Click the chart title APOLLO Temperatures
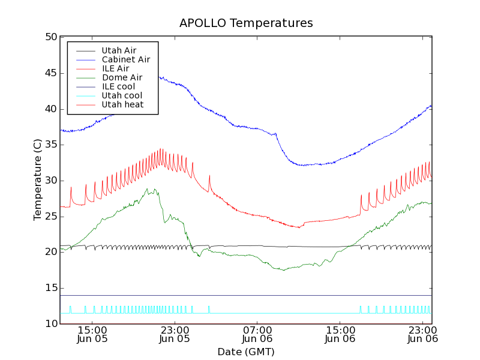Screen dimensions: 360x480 [x=246, y=23]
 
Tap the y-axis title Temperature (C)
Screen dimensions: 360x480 [x=37, y=180]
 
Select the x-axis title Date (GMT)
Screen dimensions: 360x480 [x=246, y=352]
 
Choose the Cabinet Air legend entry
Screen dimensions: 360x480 [x=125, y=59]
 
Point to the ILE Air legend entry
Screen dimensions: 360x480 [x=115, y=68]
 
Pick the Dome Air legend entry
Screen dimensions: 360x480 [x=122, y=77]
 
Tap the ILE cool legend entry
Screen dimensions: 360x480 [x=118, y=86]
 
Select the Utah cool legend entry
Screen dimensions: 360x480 [x=122, y=95]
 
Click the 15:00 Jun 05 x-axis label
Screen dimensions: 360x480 [x=92, y=334]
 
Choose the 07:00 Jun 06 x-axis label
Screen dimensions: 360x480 [x=257, y=334]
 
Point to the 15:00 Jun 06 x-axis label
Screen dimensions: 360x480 [x=340, y=334]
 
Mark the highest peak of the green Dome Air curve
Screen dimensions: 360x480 [x=148, y=188]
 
